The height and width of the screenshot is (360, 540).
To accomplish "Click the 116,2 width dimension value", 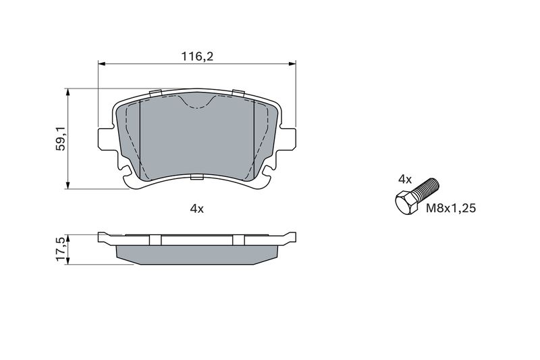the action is point(197,56).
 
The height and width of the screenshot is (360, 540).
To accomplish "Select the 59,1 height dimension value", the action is point(61,138).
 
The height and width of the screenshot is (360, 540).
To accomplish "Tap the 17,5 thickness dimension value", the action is point(61,249).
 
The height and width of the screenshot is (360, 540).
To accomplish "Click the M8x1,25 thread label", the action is point(451,208).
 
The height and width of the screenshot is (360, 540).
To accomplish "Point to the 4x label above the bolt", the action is point(404,179).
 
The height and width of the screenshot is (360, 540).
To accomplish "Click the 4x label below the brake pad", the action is point(197,209).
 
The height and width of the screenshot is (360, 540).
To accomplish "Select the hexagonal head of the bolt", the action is point(407,204).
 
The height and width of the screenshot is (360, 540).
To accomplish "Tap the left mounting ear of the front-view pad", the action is point(105,139).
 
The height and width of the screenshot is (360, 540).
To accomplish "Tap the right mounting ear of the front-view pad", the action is point(288,139).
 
